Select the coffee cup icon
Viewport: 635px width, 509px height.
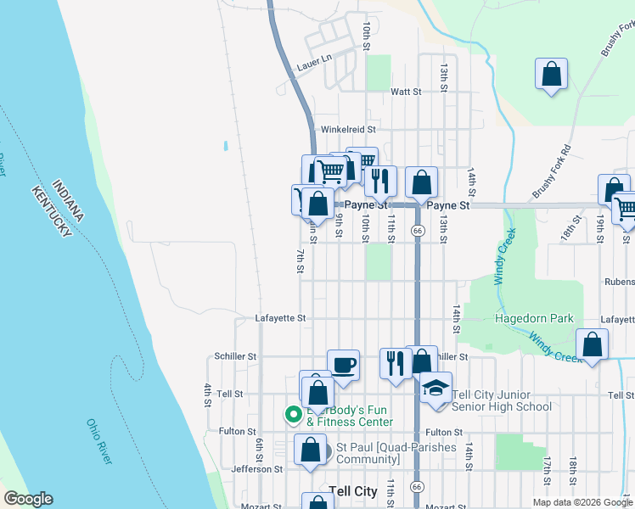click(343, 365)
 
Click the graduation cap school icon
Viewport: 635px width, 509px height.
click(436, 388)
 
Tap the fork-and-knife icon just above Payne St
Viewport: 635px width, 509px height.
click(380, 180)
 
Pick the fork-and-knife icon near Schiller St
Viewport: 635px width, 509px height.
click(395, 363)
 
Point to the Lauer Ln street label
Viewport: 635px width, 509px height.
click(312, 65)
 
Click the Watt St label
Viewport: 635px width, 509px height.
click(406, 92)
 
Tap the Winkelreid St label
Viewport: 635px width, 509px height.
click(347, 130)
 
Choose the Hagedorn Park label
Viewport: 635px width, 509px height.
click(534, 319)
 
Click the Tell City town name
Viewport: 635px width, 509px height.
click(352, 491)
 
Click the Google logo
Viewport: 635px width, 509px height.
click(28, 499)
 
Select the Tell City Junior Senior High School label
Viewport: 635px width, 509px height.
click(503, 400)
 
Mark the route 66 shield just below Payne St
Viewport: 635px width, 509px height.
click(418, 230)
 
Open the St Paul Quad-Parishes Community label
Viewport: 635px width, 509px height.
click(396, 453)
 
